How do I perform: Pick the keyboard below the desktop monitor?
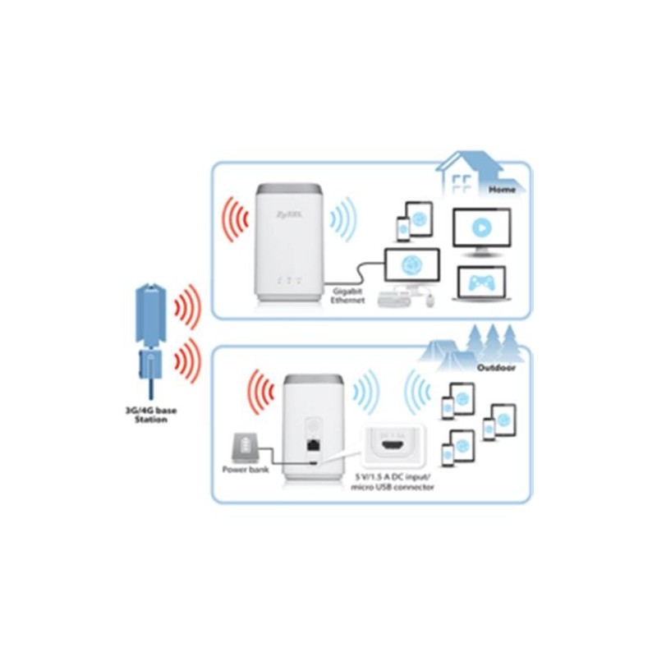pos(398,299)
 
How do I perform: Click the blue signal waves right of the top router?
pos(344,221)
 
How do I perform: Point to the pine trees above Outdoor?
pos(489,339)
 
